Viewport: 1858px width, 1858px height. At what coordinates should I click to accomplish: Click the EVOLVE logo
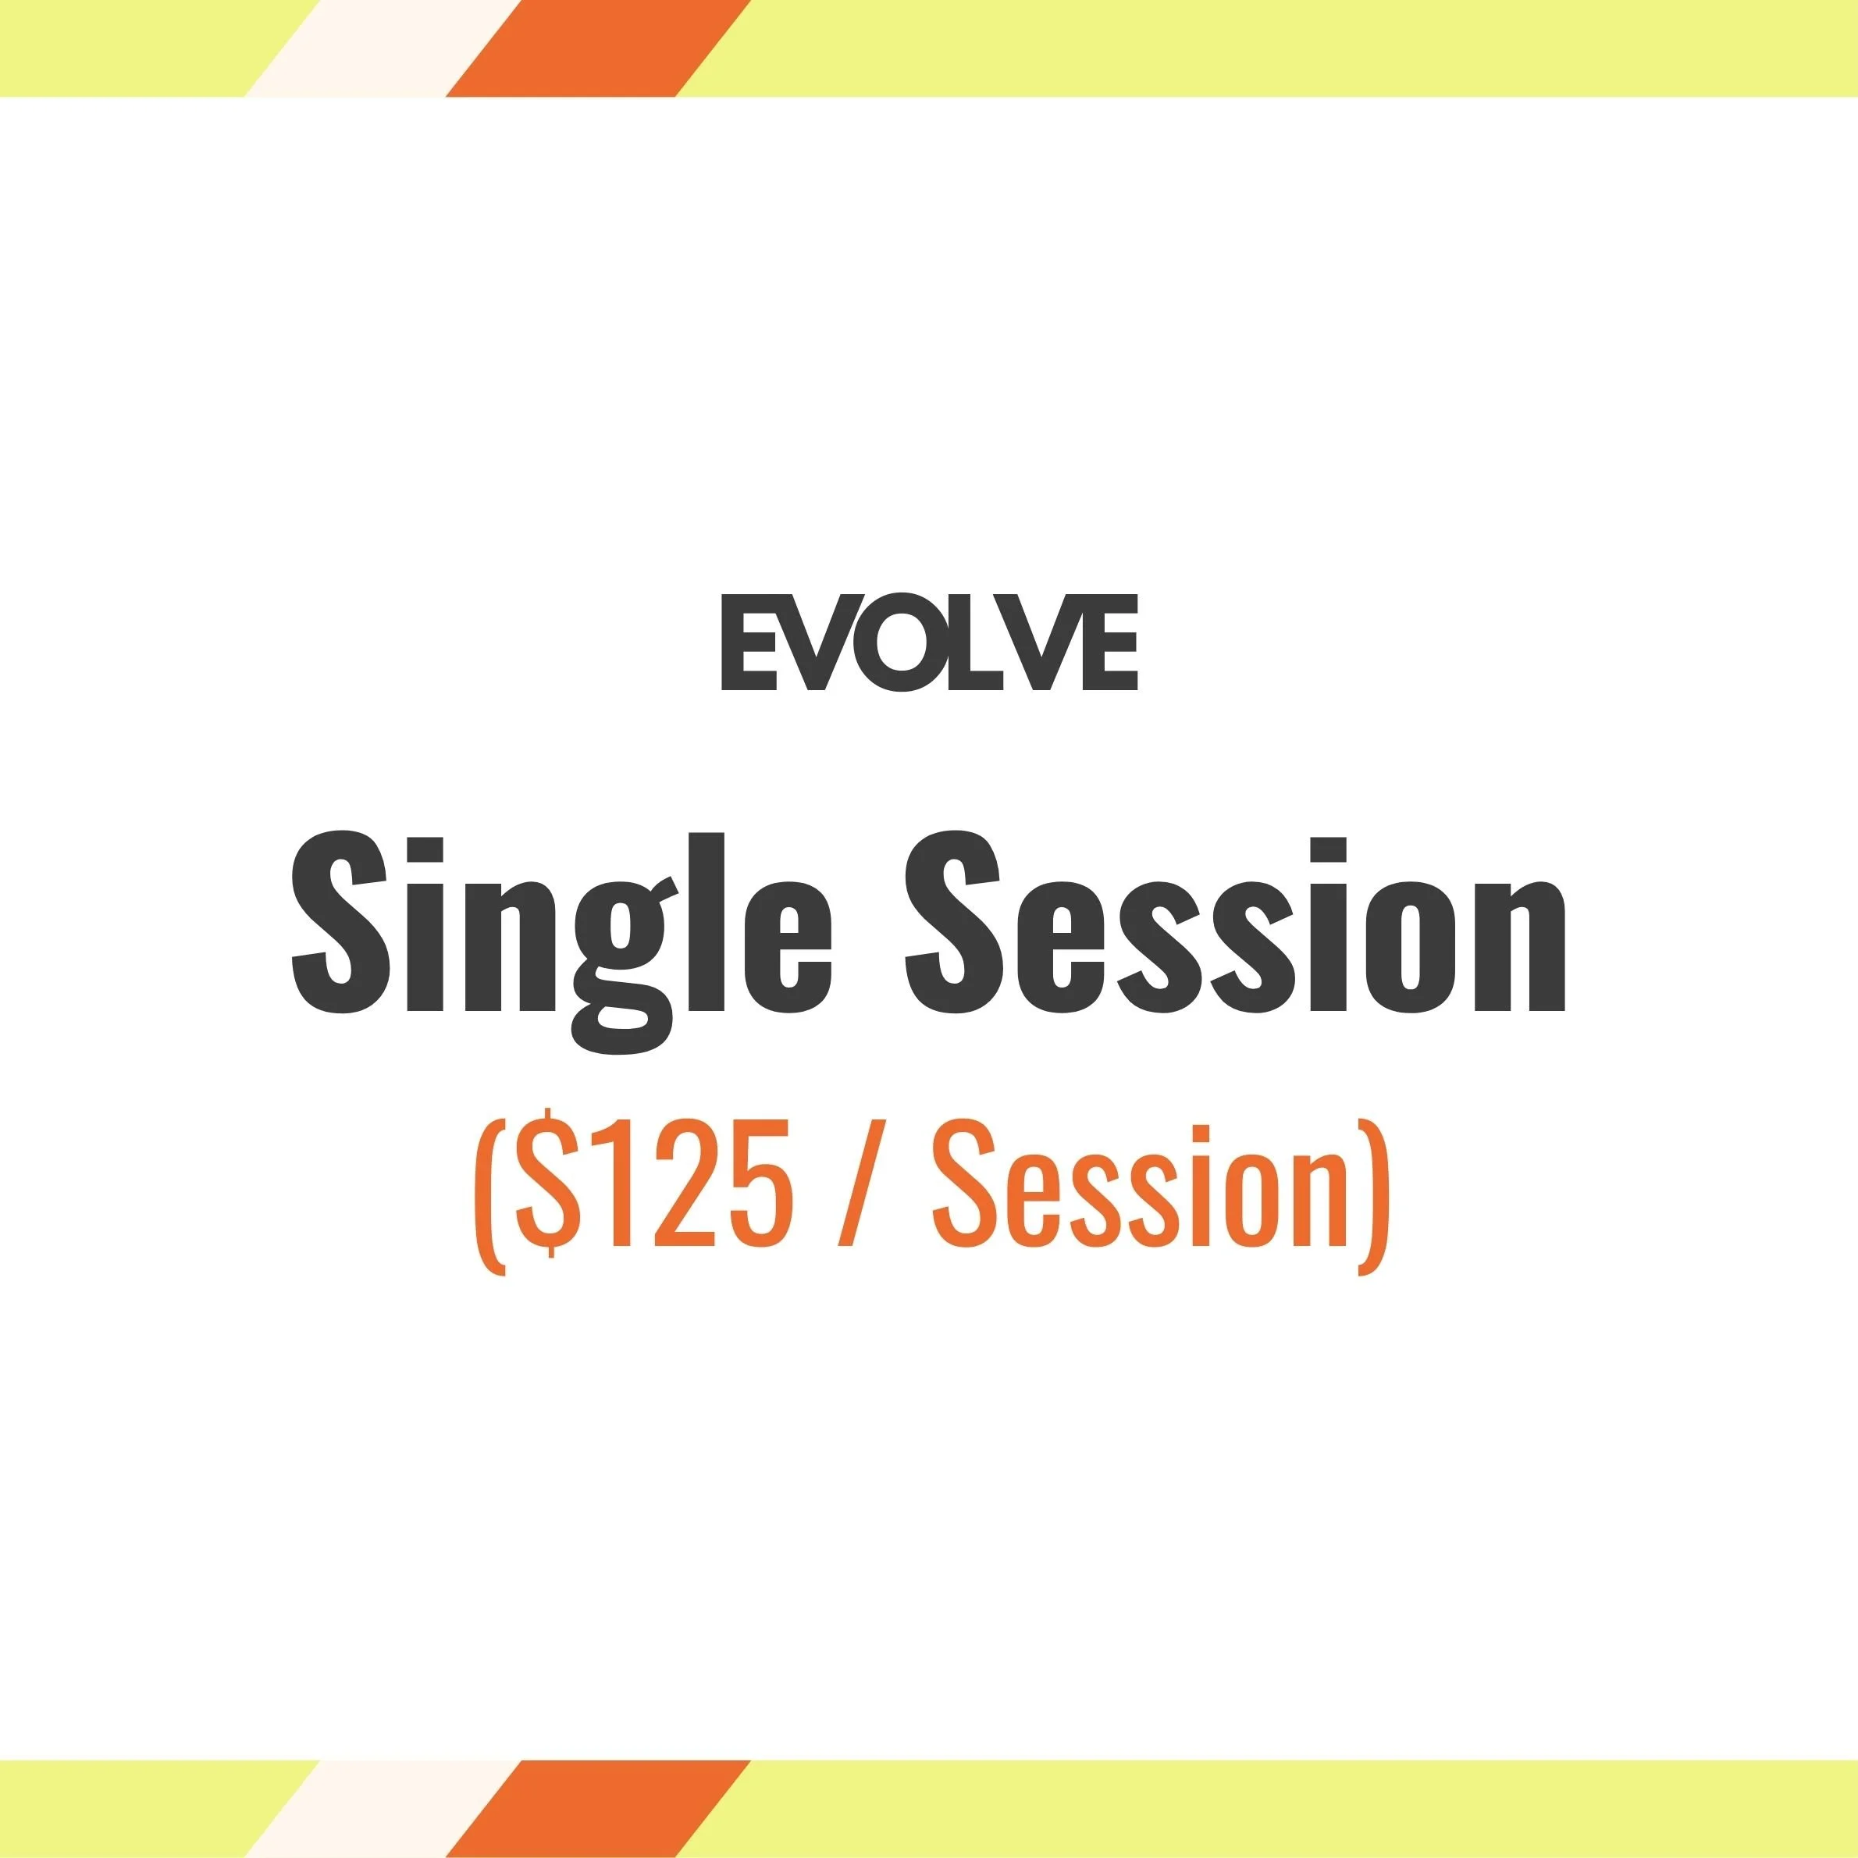click(929, 642)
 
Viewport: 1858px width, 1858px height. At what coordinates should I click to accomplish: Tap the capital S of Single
click(340, 924)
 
